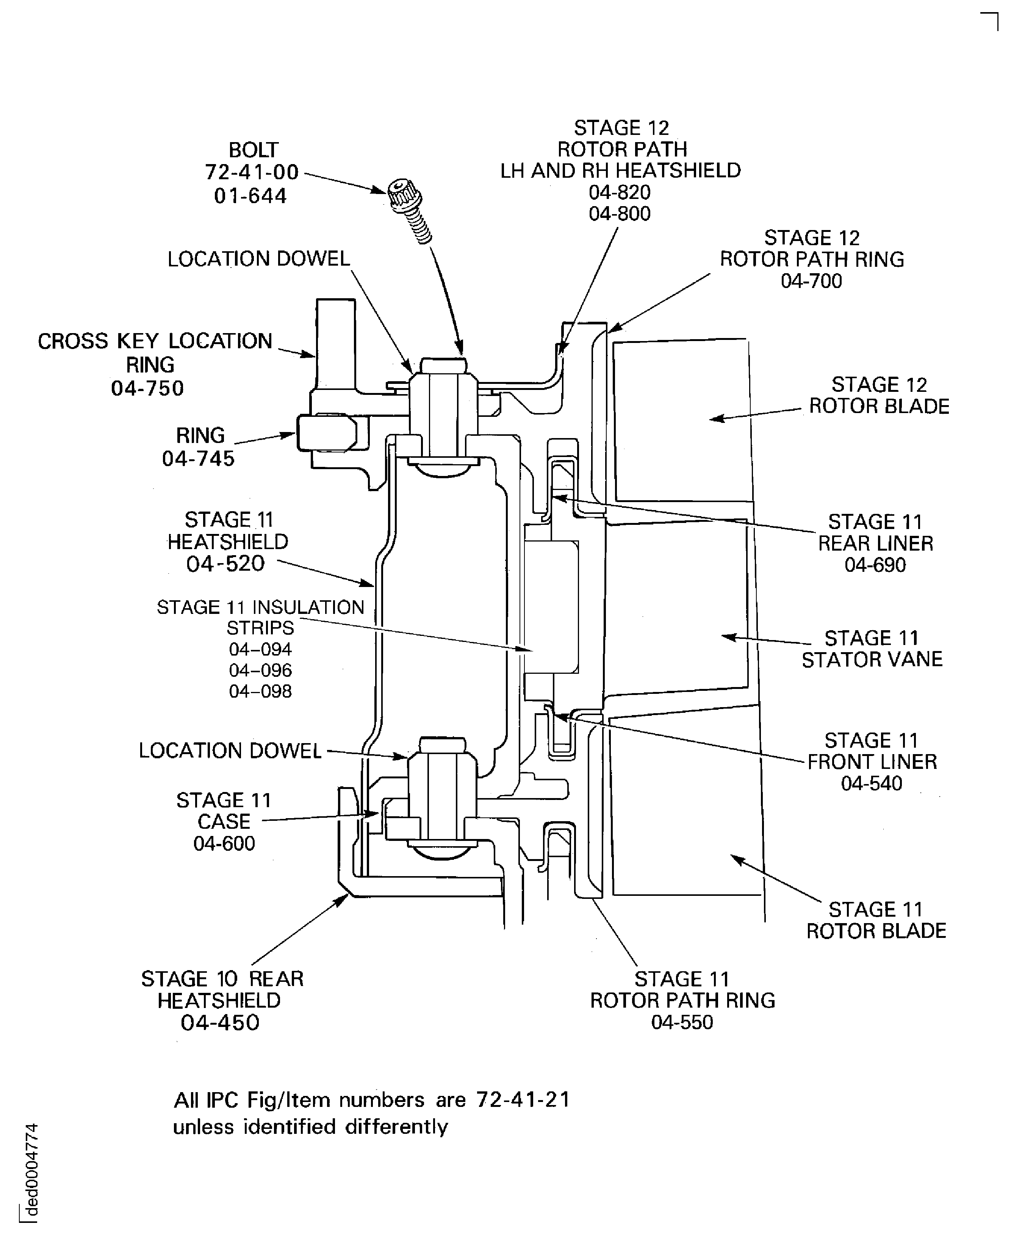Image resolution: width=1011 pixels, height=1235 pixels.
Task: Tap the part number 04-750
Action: [147, 388]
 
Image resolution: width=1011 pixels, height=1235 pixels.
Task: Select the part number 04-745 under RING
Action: [198, 459]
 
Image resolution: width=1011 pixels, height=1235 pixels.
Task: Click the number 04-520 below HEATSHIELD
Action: [225, 563]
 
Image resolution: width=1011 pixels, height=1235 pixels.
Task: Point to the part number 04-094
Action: [260, 649]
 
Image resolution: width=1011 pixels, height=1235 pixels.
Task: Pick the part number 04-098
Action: [260, 691]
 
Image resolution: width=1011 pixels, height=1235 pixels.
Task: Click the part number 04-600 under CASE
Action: [224, 843]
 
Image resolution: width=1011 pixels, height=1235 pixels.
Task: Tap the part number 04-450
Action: [220, 1022]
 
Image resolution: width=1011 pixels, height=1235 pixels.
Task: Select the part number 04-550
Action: [682, 1022]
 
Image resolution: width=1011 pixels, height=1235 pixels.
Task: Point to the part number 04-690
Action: [875, 565]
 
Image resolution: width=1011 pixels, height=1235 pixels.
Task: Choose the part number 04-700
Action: [811, 281]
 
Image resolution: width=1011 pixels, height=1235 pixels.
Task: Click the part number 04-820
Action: [620, 192]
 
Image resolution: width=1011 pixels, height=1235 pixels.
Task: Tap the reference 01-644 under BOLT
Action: [250, 196]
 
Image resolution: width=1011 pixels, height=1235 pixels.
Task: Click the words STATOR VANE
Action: [872, 660]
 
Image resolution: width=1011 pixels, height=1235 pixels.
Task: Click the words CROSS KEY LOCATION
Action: [155, 341]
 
